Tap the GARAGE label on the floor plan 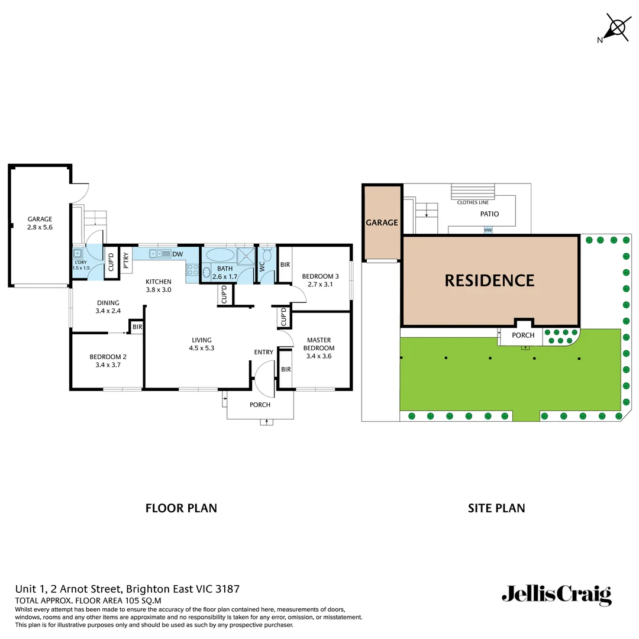click(40, 220)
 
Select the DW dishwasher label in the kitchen click(177, 254)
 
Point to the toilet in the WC click(267, 254)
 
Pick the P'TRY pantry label click(127, 261)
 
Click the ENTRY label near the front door click(263, 353)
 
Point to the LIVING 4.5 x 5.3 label click(201, 344)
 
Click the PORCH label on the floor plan click(260, 405)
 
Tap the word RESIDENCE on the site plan click(489, 280)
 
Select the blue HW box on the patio click(488, 230)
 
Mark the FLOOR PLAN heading click(181, 508)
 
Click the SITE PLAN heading click(496, 508)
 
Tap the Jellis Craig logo click(556, 595)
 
